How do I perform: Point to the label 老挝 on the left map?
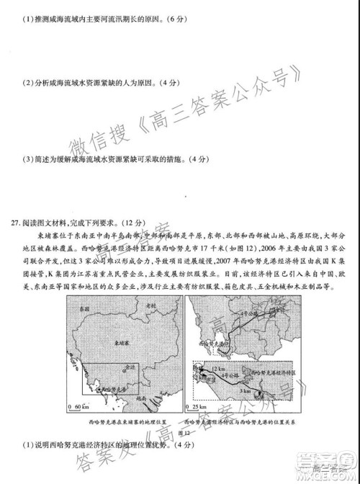click(x=150, y=306)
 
